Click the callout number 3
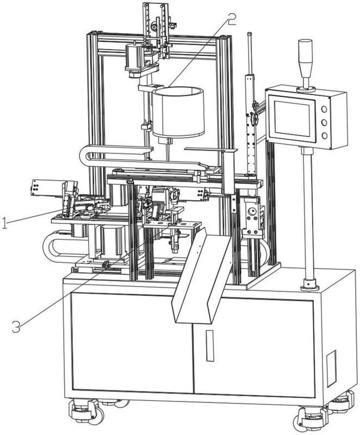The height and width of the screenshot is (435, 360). [x=16, y=327]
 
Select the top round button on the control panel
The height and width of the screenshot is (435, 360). [x=325, y=109]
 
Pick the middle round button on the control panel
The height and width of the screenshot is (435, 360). [x=325, y=122]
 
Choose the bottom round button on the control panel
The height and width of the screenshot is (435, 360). [x=325, y=136]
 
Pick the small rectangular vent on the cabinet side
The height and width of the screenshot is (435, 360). [x=331, y=361]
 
